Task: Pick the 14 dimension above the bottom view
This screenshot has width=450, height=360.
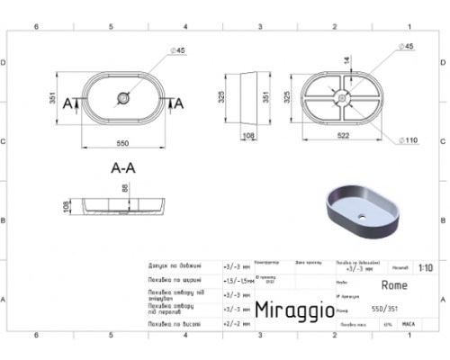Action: pyautogui.click(x=346, y=61)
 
